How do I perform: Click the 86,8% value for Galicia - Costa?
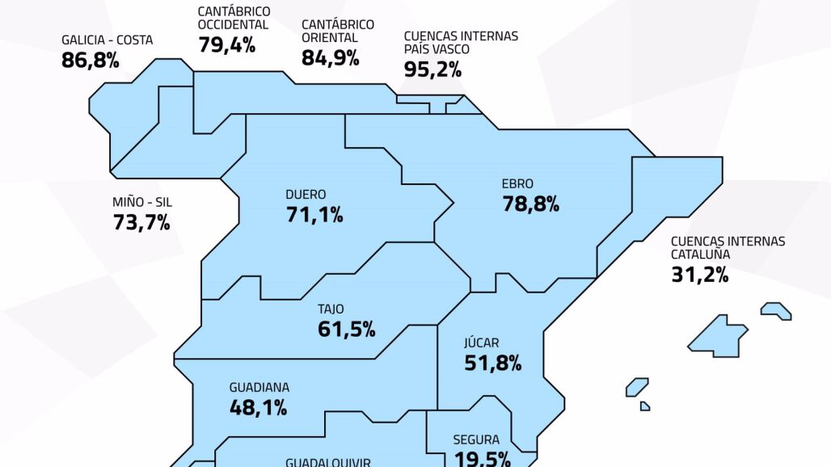point(91,60)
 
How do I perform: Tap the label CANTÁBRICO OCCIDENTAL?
point(234,19)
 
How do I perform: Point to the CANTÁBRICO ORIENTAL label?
point(337,31)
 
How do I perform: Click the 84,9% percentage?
point(330,57)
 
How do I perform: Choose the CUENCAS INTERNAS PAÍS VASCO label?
point(461,43)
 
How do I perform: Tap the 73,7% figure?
point(141,222)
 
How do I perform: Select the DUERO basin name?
point(306,195)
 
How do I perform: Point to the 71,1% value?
point(314,215)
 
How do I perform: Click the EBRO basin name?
point(517,184)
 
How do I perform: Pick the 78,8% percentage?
point(531,204)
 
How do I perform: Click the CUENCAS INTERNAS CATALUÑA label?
point(728,247)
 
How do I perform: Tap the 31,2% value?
point(700,274)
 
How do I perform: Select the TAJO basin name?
point(331,309)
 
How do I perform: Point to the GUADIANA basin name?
point(259,388)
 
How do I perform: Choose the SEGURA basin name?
point(475,440)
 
